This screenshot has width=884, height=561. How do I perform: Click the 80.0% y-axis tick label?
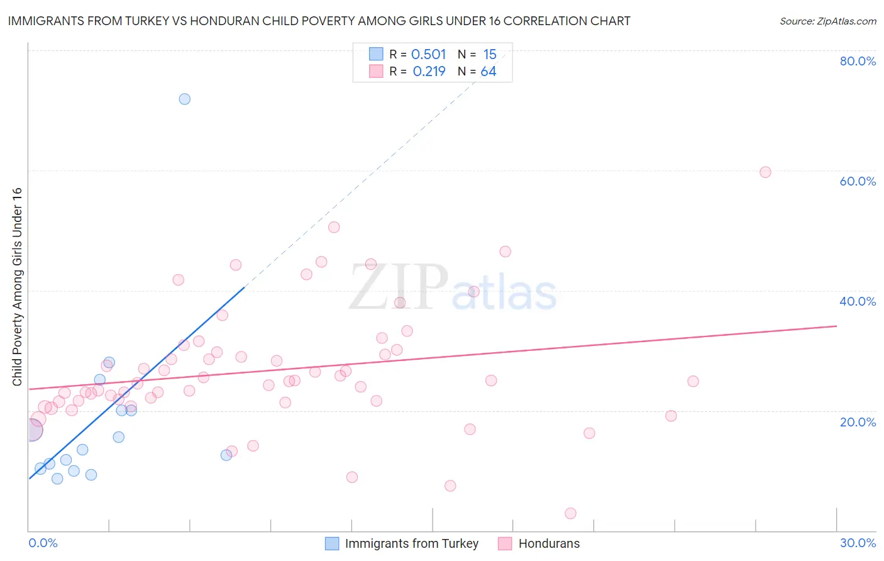[x=858, y=61]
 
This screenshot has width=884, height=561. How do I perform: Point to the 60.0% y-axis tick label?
[x=858, y=181]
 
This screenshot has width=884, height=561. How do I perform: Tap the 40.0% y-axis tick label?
[x=858, y=301]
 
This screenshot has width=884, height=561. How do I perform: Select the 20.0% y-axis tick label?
[x=858, y=421]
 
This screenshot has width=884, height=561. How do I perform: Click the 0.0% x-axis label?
[x=43, y=543]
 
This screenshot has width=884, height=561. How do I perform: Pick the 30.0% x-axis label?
[x=858, y=543]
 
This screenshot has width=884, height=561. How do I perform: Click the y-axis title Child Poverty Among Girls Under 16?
[x=17, y=287]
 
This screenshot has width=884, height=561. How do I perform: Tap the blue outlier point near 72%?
[x=184, y=99]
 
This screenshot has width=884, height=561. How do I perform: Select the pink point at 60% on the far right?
[x=765, y=172]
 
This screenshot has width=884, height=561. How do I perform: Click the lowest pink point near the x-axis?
[x=570, y=513]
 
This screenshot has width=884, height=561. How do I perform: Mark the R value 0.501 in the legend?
[x=428, y=54]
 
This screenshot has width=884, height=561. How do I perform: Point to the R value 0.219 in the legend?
[x=429, y=72]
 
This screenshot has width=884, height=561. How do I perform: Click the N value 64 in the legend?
[x=489, y=72]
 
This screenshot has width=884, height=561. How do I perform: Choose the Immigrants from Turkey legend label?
[x=412, y=543]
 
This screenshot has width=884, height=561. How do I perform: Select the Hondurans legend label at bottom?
[x=549, y=543]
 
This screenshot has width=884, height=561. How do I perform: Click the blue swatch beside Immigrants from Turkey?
[x=332, y=543]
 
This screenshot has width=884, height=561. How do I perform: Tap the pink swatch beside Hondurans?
[x=505, y=543]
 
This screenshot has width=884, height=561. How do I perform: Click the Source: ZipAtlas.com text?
[x=827, y=21]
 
